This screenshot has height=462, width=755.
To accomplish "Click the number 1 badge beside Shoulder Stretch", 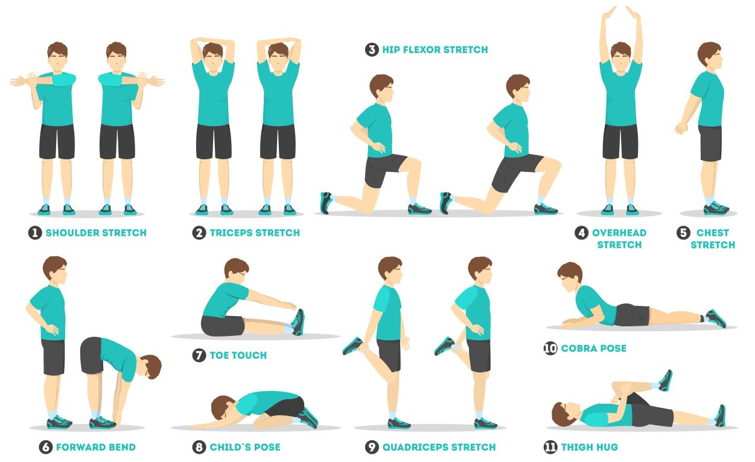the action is [35, 233].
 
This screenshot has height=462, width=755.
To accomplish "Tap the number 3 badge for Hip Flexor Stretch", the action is [371, 49].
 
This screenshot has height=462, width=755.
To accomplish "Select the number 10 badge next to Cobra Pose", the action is [550, 348].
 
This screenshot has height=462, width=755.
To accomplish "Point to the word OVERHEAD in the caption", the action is [619, 233].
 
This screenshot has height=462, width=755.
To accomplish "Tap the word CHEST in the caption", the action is [713, 233].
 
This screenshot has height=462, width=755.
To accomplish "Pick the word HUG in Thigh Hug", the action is [607, 447].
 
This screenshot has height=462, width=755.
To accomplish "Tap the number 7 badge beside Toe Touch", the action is [199, 355].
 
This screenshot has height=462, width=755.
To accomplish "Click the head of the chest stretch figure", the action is [710, 56].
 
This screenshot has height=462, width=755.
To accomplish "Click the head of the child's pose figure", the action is [223, 408].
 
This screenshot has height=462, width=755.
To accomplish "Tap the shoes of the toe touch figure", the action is [298, 322].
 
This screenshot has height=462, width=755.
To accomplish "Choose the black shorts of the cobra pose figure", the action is [631, 315].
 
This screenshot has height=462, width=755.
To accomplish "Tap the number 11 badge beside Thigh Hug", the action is [550, 447].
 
